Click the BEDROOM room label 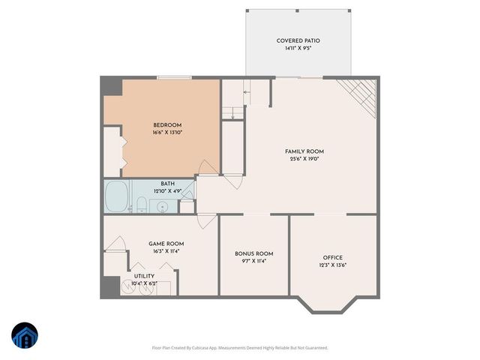(x=167, y=125)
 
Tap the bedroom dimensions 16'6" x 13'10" (x=167, y=133)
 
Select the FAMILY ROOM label (x=304, y=151)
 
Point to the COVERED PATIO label (x=298, y=40)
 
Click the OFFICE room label (x=332, y=257)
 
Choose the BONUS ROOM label (x=253, y=253)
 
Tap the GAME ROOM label (x=163, y=243)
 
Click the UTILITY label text (x=144, y=276)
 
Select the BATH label (x=168, y=184)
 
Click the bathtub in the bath (x=116, y=197)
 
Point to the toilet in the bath (x=140, y=204)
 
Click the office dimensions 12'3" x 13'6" (x=332, y=265)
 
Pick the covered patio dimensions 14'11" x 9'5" (x=298, y=49)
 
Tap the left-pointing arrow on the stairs (x=246, y=91)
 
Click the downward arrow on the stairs (x=234, y=113)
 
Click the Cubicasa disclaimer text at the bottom (x=239, y=347)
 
